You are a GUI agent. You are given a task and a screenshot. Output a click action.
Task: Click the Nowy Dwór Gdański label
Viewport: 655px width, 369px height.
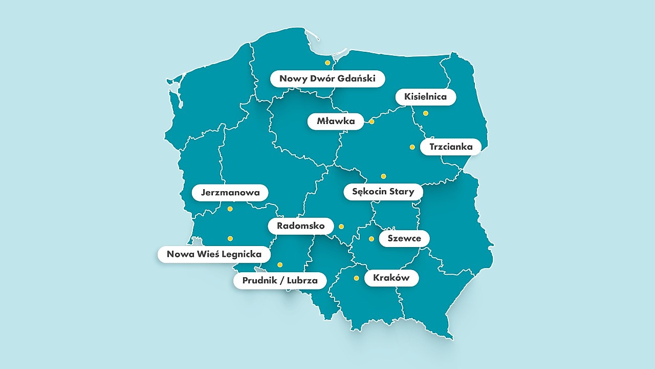327,79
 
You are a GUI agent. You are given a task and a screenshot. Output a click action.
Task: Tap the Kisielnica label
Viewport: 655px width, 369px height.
425,97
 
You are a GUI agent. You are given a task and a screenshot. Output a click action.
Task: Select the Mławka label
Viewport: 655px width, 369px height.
335,121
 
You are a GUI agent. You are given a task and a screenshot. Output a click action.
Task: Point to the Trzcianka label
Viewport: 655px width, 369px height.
451,147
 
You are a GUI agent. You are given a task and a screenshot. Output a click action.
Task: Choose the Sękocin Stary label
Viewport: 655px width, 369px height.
383,192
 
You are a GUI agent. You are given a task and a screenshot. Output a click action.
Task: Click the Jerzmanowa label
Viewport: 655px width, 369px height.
230,193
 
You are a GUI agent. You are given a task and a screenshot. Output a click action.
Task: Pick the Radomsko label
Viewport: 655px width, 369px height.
300,226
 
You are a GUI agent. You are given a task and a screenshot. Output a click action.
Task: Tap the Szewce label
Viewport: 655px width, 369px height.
404,238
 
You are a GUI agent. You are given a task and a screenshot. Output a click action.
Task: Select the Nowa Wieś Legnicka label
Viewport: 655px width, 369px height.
214,254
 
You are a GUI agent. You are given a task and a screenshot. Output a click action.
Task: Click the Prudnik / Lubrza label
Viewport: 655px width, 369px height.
280,281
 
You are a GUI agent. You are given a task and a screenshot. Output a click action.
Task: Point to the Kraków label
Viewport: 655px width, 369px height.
391,278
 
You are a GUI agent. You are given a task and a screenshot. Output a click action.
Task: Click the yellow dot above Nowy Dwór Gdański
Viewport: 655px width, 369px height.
327,63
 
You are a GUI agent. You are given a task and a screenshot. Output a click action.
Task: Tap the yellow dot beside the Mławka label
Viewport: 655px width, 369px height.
372,122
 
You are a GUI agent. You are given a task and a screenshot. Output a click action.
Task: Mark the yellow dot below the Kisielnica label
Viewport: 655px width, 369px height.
425,113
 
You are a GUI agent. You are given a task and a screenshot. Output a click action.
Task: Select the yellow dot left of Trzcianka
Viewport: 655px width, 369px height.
412,147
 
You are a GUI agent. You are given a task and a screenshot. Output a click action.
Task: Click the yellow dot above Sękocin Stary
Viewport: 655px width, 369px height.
383,176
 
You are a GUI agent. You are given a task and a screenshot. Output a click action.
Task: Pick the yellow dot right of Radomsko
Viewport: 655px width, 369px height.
341,227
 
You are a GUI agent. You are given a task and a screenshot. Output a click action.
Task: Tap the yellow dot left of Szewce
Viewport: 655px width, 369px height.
372,239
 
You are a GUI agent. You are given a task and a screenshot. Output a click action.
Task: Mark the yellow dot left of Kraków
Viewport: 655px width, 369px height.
356,278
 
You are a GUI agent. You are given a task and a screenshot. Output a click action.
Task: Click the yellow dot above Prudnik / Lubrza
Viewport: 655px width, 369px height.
280,265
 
